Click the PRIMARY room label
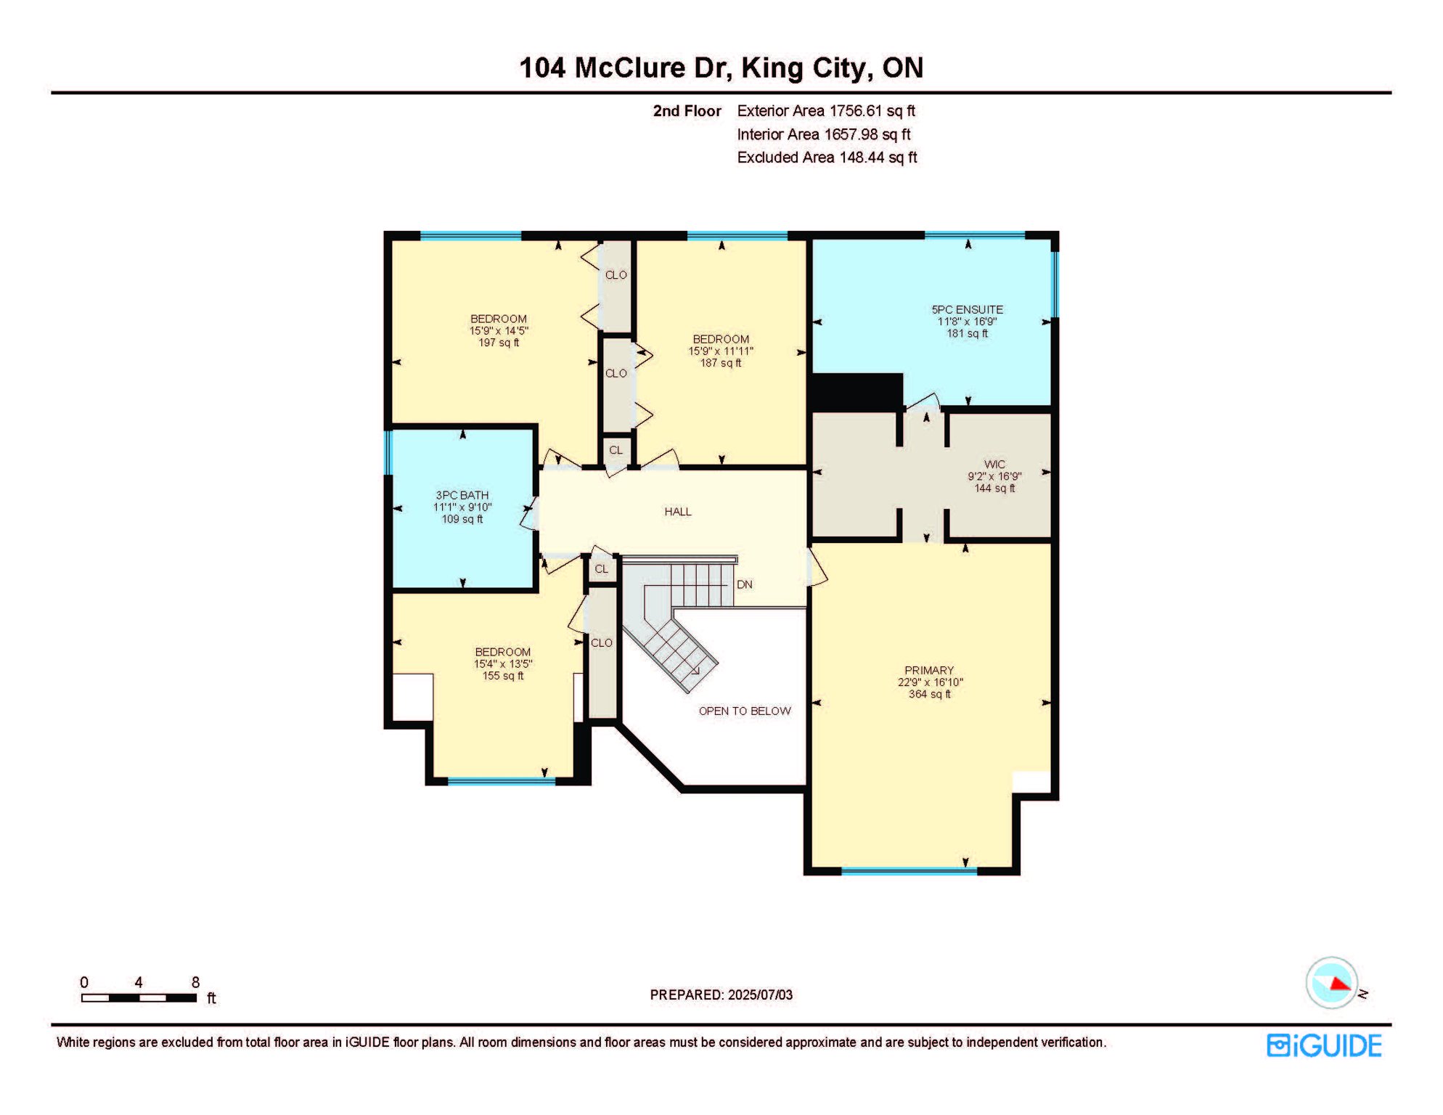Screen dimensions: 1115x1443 [x=928, y=670]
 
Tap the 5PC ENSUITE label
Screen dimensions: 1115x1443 [x=967, y=309]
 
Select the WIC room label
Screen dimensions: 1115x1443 [x=994, y=465]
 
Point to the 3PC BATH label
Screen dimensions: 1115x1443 [x=462, y=495]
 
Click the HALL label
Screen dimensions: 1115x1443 [x=678, y=512]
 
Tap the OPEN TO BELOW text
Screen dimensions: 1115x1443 [x=745, y=711]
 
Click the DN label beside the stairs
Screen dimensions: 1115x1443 [x=745, y=584]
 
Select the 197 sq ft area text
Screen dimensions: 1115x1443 [x=499, y=343]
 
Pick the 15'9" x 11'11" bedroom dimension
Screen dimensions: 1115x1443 [x=721, y=351]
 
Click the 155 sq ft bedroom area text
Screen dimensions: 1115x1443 [x=503, y=676]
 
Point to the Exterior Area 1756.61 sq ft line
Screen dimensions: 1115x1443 [x=826, y=111]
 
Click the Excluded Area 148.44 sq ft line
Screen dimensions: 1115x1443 [x=827, y=158]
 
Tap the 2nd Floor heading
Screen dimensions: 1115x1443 [x=687, y=111]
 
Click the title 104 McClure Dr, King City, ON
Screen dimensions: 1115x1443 [x=721, y=68]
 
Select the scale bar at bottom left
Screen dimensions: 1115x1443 [x=139, y=998]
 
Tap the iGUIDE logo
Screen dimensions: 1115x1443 [x=1324, y=1046]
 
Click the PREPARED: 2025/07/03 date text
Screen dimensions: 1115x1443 [x=721, y=994]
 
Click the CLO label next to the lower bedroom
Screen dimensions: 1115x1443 [x=602, y=643]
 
